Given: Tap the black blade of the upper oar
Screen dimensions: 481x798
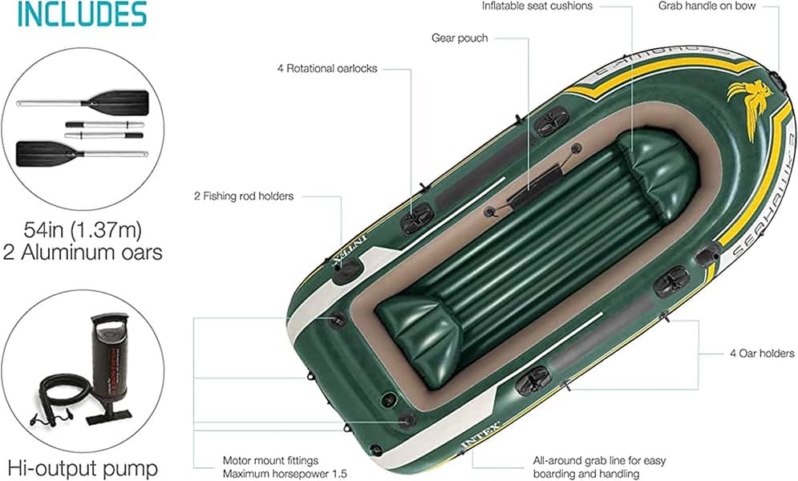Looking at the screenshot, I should [x=120, y=101].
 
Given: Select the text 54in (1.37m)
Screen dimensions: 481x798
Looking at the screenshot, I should [x=83, y=230].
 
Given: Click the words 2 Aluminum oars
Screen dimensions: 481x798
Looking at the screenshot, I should [x=83, y=253].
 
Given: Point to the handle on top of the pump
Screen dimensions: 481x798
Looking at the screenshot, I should [x=109, y=318].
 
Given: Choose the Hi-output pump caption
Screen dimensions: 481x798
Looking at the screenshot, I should [x=83, y=467].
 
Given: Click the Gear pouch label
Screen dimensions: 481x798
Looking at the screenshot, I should [x=460, y=38].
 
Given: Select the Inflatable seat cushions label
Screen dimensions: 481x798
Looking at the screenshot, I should [x=537, y=6].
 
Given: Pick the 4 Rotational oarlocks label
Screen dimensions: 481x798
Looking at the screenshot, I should [x=327, y=68].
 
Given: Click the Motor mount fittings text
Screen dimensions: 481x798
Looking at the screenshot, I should [x=270, y=461].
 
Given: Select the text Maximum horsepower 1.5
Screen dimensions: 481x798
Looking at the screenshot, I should [x=285, y=474].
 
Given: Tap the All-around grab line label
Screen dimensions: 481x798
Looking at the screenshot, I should [x=599, y=461].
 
